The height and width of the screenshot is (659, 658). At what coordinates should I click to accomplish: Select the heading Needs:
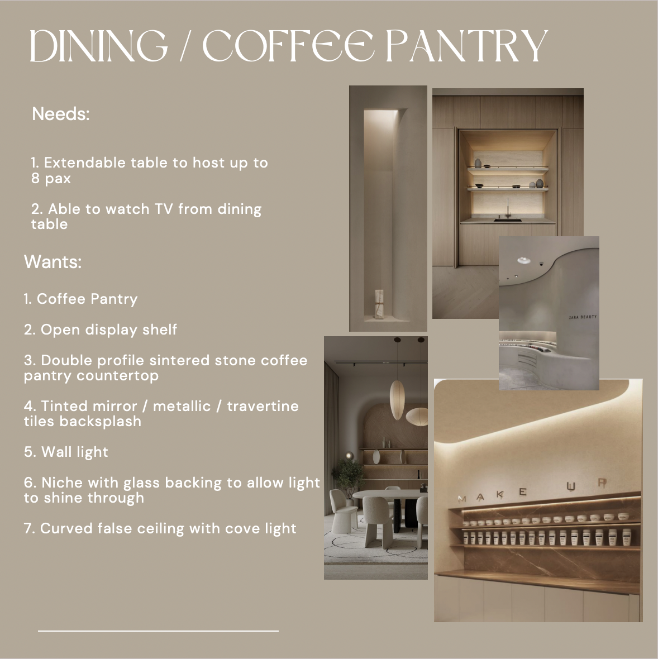(61, 114)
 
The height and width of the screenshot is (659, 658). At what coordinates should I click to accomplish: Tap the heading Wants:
(53, 261)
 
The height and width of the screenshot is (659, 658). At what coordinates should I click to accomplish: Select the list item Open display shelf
(101, 329)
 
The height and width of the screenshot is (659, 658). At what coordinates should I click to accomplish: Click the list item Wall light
(66, 452)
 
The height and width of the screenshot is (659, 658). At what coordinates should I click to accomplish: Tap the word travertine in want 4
(263, 406)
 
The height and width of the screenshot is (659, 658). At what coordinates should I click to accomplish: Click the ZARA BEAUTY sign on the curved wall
(583, 317)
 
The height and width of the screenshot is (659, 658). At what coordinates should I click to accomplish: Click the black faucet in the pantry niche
(508, 207)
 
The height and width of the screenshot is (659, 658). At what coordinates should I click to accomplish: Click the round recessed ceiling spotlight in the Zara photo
(523, 260)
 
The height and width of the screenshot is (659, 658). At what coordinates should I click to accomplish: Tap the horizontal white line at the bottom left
(158, 631)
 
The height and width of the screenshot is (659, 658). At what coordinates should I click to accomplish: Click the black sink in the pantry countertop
(508, 220)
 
